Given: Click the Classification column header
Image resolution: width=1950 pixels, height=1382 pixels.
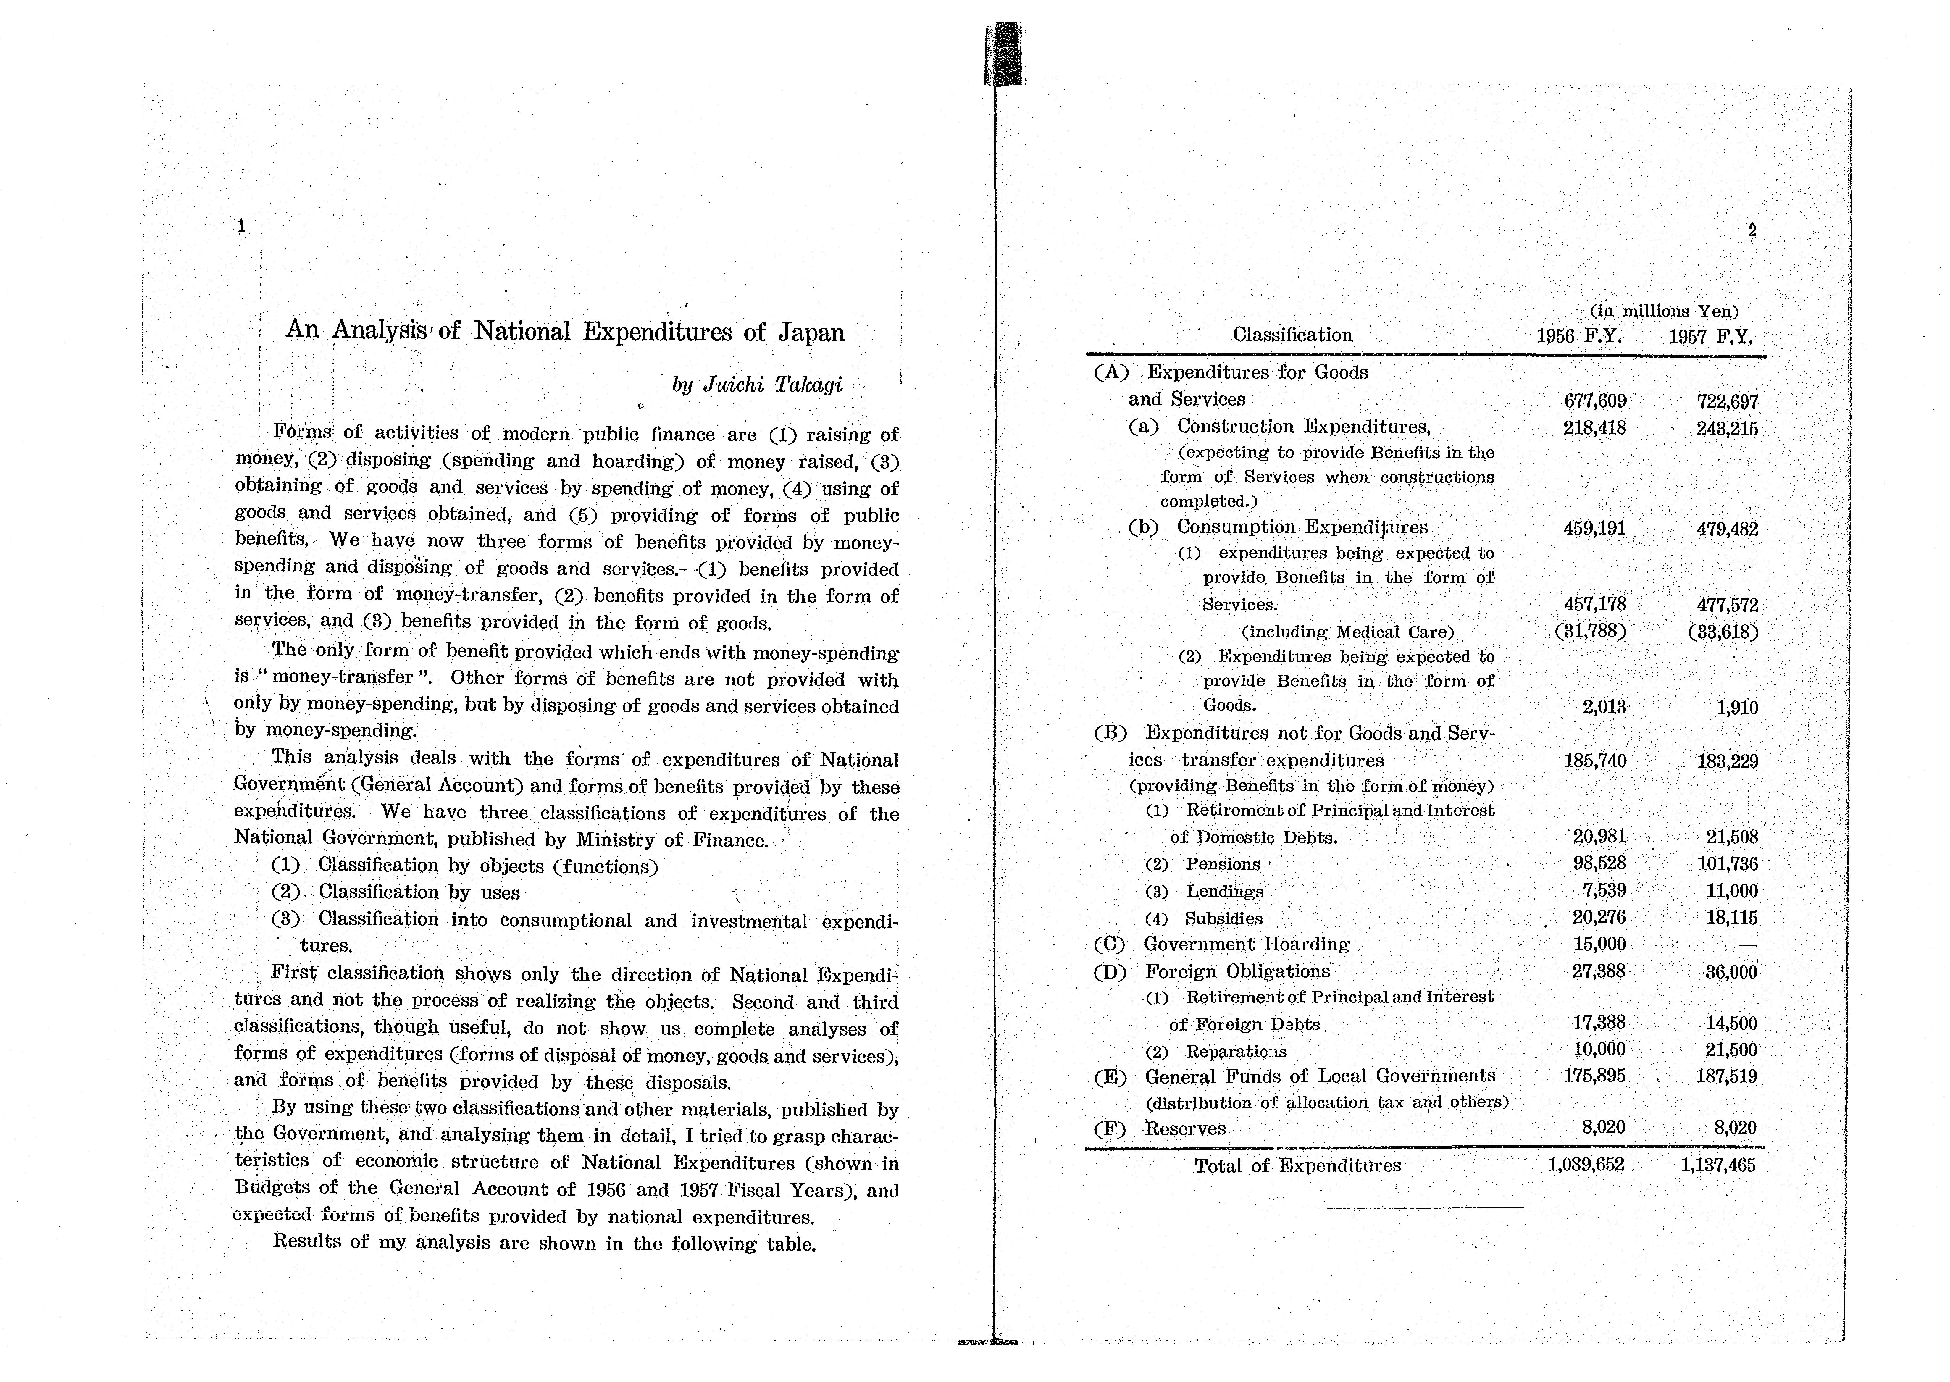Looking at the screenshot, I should [1292, 335].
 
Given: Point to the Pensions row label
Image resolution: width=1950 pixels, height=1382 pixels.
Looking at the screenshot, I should [1223, 865].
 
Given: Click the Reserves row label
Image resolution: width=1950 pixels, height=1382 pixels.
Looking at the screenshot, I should [1185, 1129].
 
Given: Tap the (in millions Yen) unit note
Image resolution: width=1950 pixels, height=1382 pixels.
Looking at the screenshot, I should [1663, 311].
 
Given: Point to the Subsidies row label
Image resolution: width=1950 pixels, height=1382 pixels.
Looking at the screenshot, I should [1223, 919].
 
